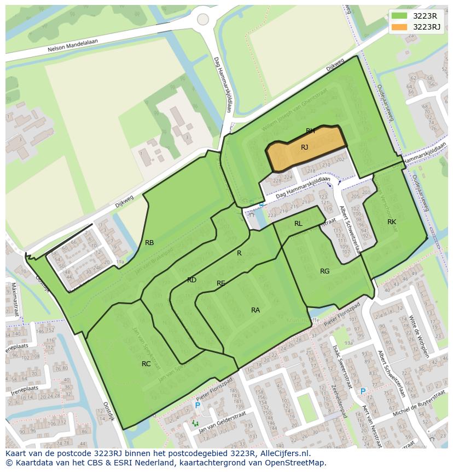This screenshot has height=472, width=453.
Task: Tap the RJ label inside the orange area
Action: (x=305, y=147)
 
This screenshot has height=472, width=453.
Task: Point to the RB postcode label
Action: (x=149, y=243)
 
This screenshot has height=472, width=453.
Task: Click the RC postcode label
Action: (x=146, y=363)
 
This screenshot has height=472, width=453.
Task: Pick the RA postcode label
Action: (x=255, y=310)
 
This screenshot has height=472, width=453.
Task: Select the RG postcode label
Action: (x=325, y=271)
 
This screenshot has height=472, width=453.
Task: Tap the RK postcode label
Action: (x=392, y=222)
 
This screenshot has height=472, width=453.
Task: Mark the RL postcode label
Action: (x=298, y=224)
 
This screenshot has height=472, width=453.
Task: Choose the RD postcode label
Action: (x=191, y=280)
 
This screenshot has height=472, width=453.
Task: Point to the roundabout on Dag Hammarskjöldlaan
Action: (x=203, y=19)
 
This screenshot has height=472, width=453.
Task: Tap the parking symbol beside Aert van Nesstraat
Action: (x=363, y=391)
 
